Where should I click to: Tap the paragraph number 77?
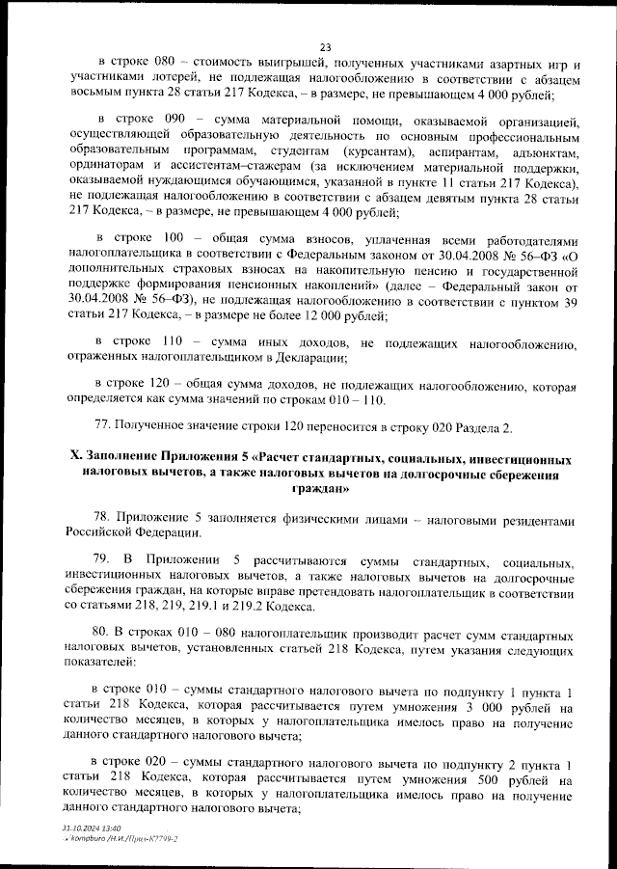point(100,425)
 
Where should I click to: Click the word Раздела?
point(469,425)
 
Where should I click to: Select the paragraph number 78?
point(100,516)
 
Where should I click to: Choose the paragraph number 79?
point(100,560)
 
